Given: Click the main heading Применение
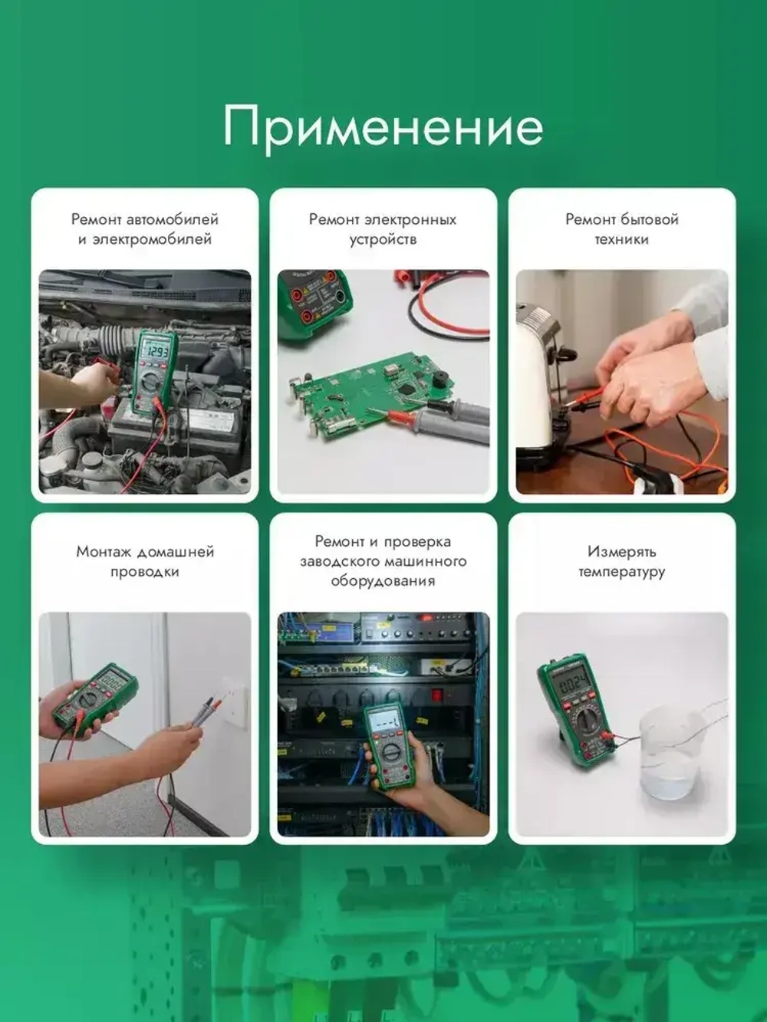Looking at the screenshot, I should click(383, 127).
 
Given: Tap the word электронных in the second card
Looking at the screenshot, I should click(414, 219).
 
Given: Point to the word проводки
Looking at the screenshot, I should click(144, 572).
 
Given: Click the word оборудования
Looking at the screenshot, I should click(383, 581).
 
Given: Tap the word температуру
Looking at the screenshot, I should click(621, 572).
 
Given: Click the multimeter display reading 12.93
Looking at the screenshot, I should click(157, 352).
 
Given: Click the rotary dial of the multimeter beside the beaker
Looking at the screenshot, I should click(588, 720).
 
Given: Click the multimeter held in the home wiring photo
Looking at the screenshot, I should click(96, 698).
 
